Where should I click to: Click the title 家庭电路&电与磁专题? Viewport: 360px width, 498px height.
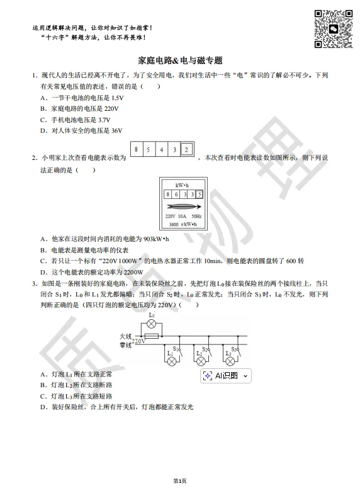(x=180, y=61)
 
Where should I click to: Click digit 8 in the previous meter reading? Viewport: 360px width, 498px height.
(x=137, y=149)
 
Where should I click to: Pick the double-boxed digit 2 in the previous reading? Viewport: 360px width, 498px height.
(x=186, y=149)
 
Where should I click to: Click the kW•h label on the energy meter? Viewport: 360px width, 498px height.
(x=183, y=185)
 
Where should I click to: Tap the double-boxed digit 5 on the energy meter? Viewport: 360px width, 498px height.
(x=199, y=195)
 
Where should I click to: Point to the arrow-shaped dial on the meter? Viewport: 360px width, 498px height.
(x=183, y=206)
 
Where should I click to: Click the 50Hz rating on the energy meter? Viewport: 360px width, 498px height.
(x=197, y=217)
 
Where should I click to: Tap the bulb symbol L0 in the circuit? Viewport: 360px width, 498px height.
(x=151, y=324)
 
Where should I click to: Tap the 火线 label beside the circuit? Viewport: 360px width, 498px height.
(x=126, y=337)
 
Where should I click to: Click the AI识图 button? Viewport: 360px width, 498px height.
(x=226, y=376)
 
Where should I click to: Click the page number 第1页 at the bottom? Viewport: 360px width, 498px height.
(x=180, y=481)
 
